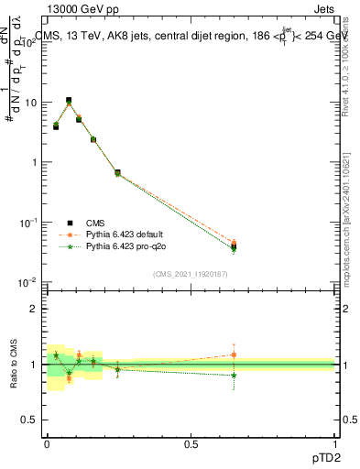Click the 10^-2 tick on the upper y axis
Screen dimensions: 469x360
pyautogui.click(x=27, y=282)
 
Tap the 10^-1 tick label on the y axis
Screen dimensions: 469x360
pyautogui.click(x=27, y=223)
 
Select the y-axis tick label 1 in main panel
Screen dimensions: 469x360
pyautogui.click(x=33, y=162)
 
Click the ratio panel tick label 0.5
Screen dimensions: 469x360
pyautogui.click(x=28, y=420)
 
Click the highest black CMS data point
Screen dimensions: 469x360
pyautogui.click(x=69, y=101)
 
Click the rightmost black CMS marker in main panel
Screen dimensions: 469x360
pyautogui.click(x=234, y=246)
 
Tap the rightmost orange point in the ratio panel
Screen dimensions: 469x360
pyautogui.click(x=234, y=354)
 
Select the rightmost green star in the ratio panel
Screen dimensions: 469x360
pyautogui.click(x=234, y=375)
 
